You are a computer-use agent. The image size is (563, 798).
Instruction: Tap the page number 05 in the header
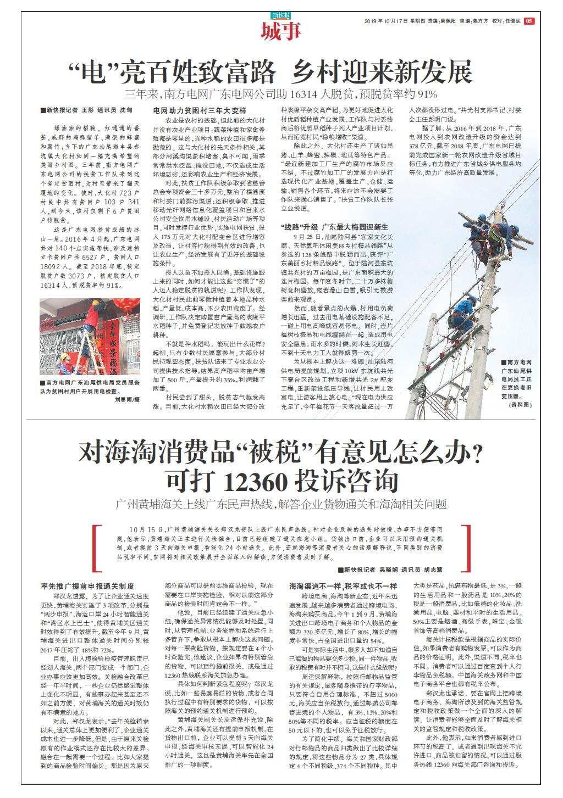tap(529, 21)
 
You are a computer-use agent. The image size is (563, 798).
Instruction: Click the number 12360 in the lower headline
tap(256, 482)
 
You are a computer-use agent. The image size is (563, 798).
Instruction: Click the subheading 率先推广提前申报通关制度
tap(87, 586)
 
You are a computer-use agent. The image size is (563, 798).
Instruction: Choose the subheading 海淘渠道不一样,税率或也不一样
tap(343, 586)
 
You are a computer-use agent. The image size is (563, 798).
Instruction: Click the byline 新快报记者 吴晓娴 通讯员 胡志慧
tap(390, 570)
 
